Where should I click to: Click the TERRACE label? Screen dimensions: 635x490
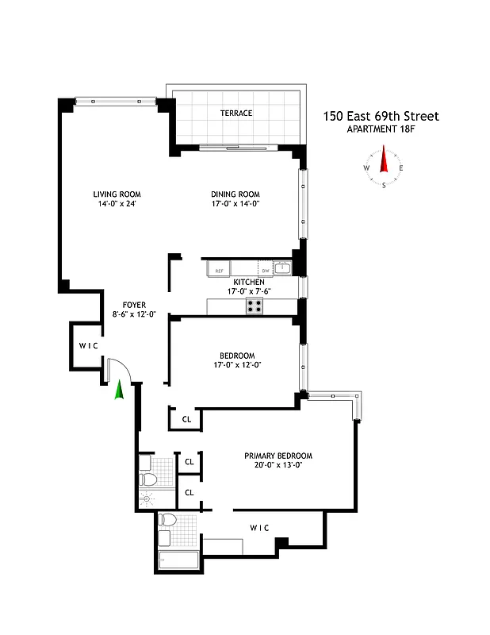[236, 114]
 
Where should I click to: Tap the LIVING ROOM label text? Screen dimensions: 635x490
[117, 194]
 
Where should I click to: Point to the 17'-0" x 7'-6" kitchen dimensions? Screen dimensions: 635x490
[248, 291]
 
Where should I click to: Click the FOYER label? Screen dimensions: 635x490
[133, 305]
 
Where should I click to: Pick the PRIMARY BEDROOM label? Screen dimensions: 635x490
[278, 456]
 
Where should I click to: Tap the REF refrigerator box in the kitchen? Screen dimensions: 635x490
[217, 271]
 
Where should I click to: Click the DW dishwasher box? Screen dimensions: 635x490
[265, 271]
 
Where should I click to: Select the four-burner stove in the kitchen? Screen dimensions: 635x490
[255, 306]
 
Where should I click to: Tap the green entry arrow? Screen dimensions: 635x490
[119, 390]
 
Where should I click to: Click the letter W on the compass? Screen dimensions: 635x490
[366, 168]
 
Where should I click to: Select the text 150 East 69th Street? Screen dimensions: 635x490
[380, 117]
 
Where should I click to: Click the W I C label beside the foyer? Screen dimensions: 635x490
[87, 346]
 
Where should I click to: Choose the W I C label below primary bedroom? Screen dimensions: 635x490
[259, 526]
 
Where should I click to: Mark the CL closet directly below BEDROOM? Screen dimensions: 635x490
[186, 419]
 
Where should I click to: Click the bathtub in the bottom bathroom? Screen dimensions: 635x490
[182, 560]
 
